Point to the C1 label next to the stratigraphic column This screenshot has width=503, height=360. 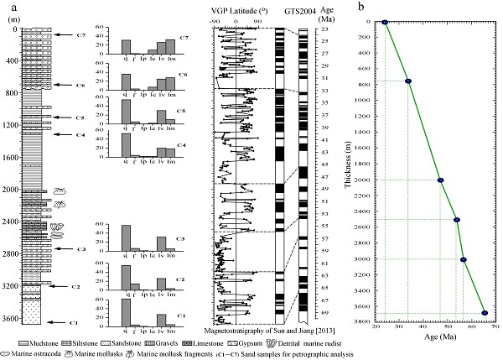71,322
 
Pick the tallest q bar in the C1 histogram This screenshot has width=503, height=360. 126,311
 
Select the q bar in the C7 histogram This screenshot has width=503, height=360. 126,46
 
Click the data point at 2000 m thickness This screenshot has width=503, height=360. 440,180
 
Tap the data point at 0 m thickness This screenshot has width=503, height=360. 385,23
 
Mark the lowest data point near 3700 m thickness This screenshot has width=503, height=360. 485,312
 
